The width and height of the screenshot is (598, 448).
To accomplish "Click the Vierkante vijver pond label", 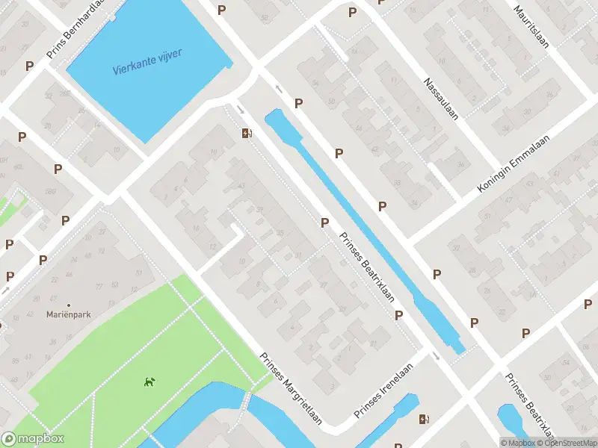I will pyautogui.click(x=147, y=61).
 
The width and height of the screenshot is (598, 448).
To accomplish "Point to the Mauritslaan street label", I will pyautogui.click(x=531, y=28).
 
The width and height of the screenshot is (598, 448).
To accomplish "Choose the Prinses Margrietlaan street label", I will pyautogui.click(x=292, y=388).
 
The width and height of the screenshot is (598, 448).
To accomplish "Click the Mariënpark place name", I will pyautogui.click(x=68, y=315).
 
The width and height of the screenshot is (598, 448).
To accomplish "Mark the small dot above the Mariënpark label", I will pyautogui.click(x=69, y=305).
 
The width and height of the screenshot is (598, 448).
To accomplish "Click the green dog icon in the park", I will pyautogui.click(x=149, y=382).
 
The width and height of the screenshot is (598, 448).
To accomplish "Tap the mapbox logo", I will pyautogui.click(x=34, y=439).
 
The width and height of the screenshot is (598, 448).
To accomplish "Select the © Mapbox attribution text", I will pyautogui.click(x=517, y=443).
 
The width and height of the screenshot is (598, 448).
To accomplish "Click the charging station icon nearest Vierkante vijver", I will pyautogui.click(x=246, y=134).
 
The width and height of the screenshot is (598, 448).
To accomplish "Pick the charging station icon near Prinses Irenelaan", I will pyautogui.click(x=424, y=420).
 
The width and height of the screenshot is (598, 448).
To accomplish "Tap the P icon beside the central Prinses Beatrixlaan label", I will pyautogui.click(x=324, y=223).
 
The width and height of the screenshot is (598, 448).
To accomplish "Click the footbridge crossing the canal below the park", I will pyautogui.click(x=245, y=401).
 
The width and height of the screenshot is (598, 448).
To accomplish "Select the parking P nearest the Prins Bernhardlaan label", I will pyautogui.click(x=29, y=66).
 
